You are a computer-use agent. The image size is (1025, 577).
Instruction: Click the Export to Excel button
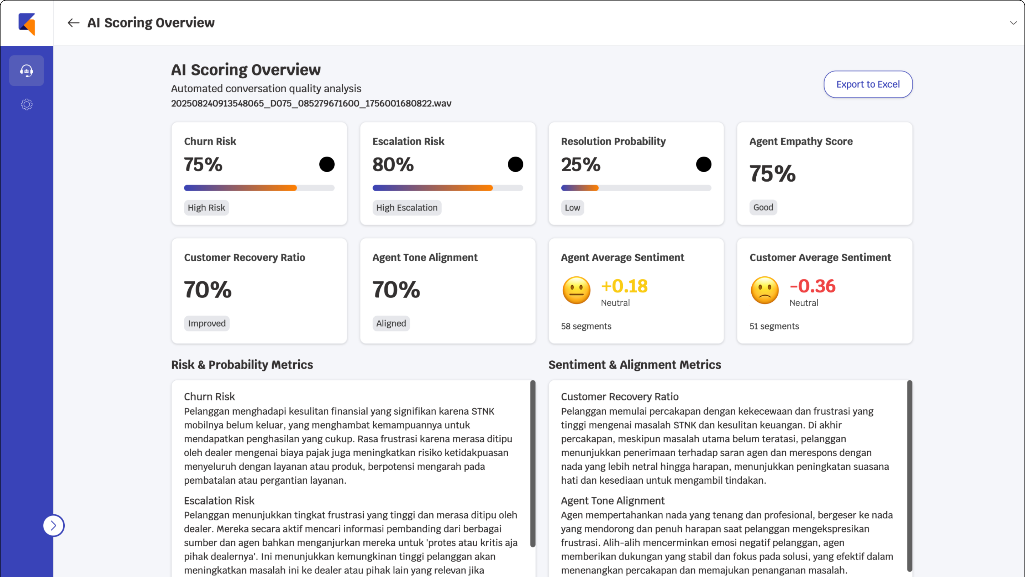[868, 84]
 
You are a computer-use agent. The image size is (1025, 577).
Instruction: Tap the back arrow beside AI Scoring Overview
[73, 23]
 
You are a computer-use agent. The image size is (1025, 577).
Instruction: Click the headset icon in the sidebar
[27, 71]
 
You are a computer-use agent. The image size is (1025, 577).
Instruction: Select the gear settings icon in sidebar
[27, 104]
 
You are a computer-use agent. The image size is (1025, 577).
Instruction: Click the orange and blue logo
[27, 24]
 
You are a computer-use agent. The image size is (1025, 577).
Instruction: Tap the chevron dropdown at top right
[1013, 23]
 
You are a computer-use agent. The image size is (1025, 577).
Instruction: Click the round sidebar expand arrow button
[54, 526]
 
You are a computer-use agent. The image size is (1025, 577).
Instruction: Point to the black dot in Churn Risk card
[327, 164]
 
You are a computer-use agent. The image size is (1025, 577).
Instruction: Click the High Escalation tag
[407, 207]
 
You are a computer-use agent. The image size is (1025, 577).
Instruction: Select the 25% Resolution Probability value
[580, 165]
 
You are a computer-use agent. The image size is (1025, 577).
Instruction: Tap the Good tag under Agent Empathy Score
[763, 207]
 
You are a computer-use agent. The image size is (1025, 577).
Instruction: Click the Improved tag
[206, 323]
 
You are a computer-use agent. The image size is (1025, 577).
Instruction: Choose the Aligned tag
[391, 323]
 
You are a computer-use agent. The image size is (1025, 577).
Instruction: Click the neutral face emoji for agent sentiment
[576, 290]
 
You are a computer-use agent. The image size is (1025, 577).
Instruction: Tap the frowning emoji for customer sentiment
[764, 290]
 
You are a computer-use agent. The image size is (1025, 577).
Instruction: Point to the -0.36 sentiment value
[812, 286]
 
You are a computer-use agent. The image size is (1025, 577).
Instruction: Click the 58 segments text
[586, 326]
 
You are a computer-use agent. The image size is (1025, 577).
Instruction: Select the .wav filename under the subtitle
[311, 103]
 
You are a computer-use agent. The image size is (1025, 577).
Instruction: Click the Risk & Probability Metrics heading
[242, 364]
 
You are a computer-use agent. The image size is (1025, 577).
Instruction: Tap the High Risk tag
[206, 207]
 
